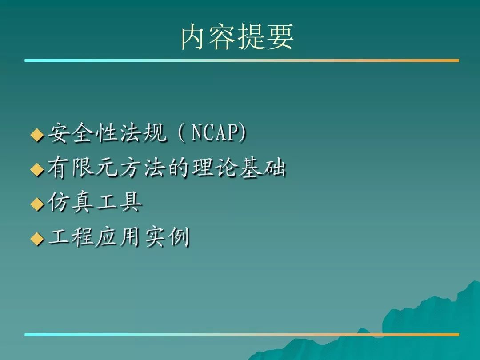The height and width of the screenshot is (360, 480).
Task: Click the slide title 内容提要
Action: (237, 37)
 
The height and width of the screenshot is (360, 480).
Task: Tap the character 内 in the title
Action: (194, 37)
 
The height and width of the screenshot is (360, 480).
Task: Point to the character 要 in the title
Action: (280, 37)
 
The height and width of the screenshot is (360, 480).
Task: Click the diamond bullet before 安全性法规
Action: (37, 135)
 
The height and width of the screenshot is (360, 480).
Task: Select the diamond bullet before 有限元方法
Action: (37, 169)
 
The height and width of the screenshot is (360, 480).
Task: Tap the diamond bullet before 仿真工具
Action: (37, 204)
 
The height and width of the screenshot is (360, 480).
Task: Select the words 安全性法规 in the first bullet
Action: (107, 133)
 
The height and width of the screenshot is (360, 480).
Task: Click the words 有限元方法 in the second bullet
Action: (107, 168)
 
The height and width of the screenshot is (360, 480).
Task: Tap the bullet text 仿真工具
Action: (95, 202)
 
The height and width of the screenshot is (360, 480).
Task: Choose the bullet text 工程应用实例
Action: (119, 236)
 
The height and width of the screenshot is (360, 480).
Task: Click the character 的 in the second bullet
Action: (179, 168)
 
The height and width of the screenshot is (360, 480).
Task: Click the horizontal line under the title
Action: (242, 60)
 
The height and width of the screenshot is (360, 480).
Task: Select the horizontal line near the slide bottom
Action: (242, 335)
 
